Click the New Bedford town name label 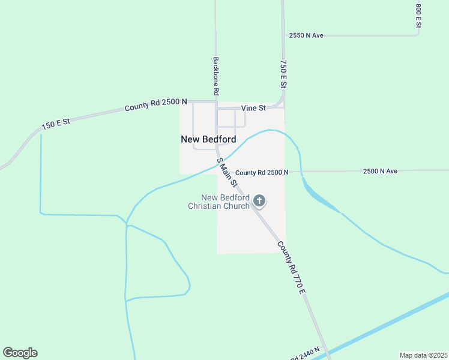(x=208, y=139)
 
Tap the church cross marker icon (x=259, y=201)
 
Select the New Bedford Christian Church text (x=218, y=202)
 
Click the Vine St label (x=253, y=108)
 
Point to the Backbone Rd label (x=215, y=77)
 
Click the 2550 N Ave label (x=306, y=35)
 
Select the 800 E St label (x=418, y=17)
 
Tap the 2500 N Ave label (x=380, y=171)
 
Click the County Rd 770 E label (x=292, y=268)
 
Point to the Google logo (x=20, y=353)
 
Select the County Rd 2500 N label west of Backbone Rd (x=155, y=105)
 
